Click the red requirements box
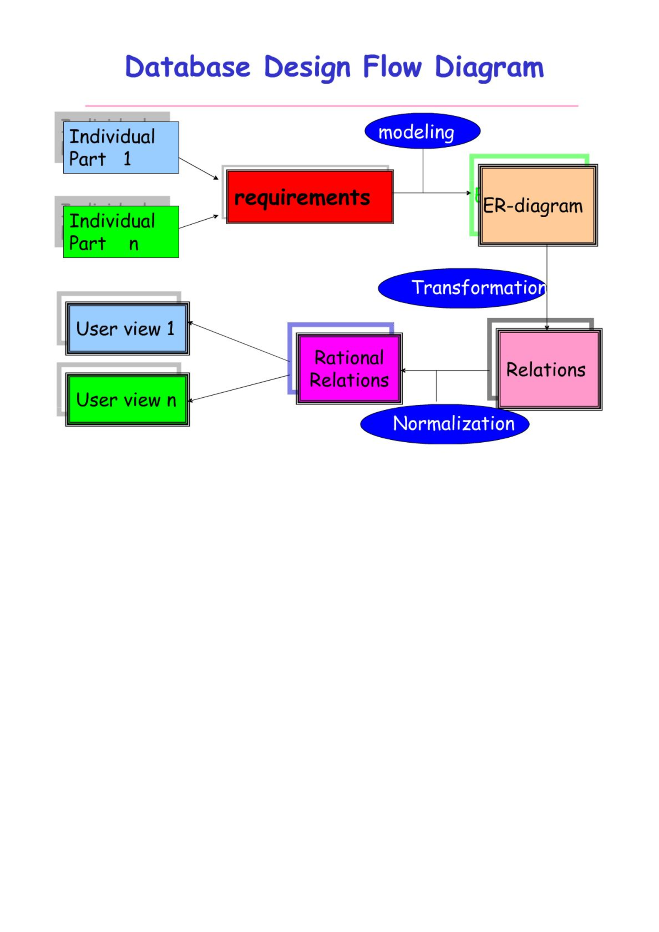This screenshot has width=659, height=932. click(310, 196)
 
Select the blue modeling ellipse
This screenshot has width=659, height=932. click(422, 131)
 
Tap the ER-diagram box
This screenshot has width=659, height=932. click(538, 205)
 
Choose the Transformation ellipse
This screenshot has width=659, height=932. click(463, 288)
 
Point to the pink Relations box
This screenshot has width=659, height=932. click(549, 369)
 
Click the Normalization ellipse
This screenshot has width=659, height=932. click(444, 424)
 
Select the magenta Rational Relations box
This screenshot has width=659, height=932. click(349, 369)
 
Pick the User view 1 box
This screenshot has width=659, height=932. click(127, 328)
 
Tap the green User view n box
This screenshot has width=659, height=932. click(127, 399)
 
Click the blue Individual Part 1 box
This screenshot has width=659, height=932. click(121, 147)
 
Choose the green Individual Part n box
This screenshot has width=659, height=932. click(121, 232)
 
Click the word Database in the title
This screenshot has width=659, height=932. click(188, 67)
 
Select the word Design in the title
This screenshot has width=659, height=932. click(307, 68)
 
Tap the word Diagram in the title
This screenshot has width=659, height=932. click(489, 68)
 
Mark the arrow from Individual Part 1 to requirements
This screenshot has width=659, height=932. click(199, 169)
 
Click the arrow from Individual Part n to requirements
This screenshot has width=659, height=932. click(199, 222)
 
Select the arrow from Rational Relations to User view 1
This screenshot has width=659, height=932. click(238, 342)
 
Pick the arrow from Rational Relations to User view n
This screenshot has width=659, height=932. click(238, 389)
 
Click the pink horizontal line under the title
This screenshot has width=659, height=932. click(332, 106)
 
